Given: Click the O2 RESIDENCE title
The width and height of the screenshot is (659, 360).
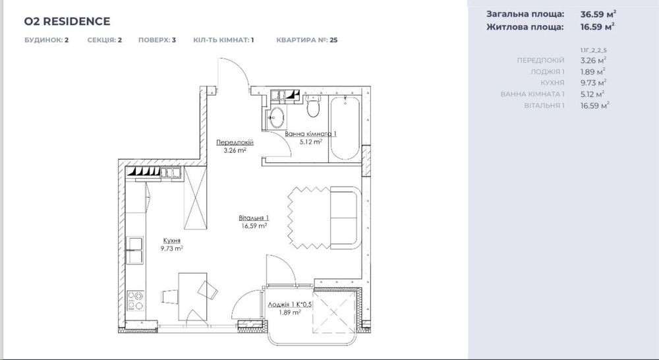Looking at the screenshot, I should coord(67,21).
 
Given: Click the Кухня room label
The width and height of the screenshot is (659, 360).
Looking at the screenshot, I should coord(171,241).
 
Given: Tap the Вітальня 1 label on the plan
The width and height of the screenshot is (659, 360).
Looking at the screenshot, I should coord(254,218).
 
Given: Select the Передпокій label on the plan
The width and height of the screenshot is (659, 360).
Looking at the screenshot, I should coord(235,142).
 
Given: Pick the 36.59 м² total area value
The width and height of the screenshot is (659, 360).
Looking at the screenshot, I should coord(598,13).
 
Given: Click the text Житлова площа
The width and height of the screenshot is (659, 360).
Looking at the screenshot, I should coord(525,27).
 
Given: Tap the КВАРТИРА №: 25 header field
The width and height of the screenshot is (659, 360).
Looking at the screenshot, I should coord(306,40).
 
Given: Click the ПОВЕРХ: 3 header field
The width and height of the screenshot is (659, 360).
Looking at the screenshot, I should coord(157,40).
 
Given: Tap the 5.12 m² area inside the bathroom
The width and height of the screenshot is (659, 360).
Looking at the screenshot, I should coord(310,141).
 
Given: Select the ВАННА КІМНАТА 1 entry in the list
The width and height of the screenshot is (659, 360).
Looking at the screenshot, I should coord(532,94).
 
